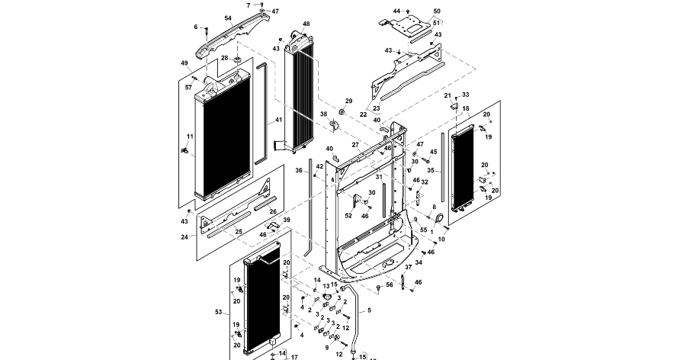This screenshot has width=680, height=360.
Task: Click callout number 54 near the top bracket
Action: coord(228,18)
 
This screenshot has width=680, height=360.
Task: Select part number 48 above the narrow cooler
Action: coord(306,24)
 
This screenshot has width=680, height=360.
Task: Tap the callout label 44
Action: coord(396,11)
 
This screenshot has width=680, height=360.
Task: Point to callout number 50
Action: coord(437,11)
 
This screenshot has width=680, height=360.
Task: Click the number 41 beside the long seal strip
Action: coord(278,121)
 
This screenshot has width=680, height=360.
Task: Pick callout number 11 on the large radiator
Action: coord(190,137)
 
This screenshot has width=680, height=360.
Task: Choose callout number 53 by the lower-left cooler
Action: coord(220,312)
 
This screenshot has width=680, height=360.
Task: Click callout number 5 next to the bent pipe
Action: coord(369,310)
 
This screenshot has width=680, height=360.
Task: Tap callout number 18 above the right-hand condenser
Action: coord(466,109)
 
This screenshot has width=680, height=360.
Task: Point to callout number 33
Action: coord(466,95)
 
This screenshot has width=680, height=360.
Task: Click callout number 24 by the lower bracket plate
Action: coord(184,236)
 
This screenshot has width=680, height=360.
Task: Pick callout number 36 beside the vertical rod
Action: coord(299,171)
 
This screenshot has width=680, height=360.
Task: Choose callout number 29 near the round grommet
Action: coord(349,101)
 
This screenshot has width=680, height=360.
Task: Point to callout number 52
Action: coord(348,216)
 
